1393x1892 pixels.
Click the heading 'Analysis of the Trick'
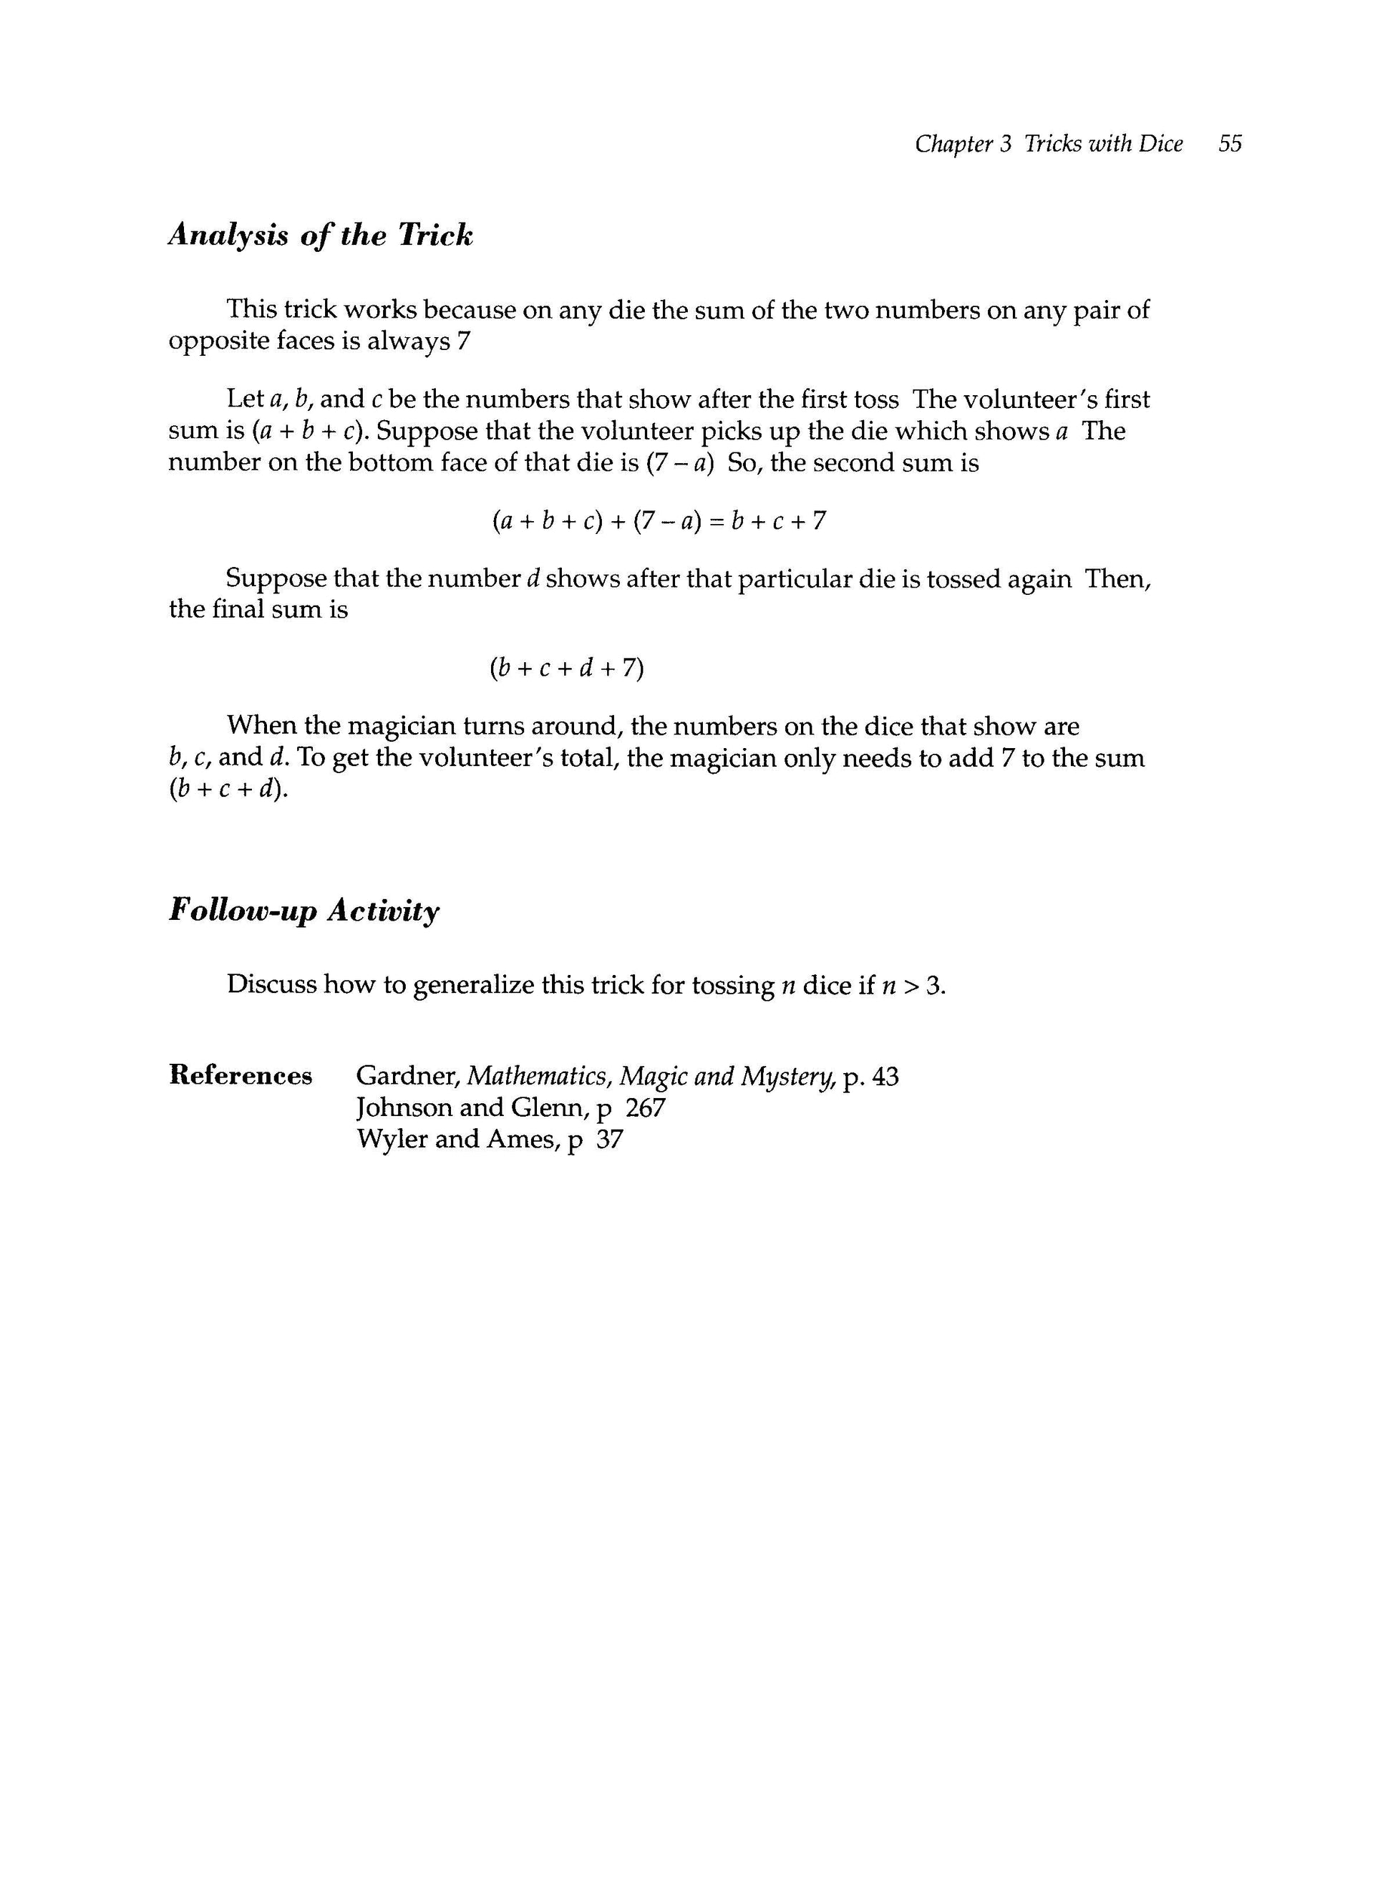[321, 236]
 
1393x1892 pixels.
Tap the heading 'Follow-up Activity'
[304, 911]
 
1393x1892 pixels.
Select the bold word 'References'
[241, 1076]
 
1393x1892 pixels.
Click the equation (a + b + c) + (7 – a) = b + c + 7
[659, 521]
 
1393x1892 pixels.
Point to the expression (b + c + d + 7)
[566, 669]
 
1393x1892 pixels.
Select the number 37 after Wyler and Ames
[608, 1140]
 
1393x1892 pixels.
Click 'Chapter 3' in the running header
[962, 144]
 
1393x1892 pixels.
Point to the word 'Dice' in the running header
[1160, 144]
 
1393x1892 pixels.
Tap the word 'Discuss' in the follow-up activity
[271, 985]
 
